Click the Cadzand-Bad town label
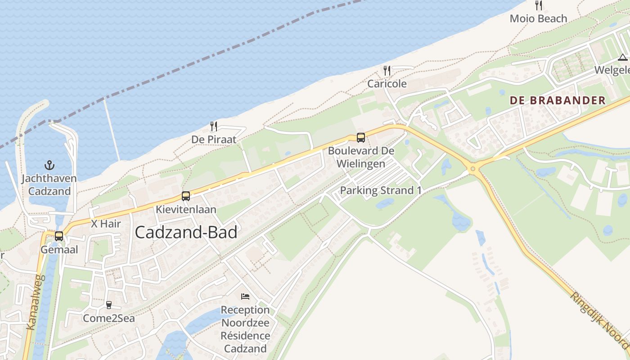[186, 232]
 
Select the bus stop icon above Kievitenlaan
[186, 196]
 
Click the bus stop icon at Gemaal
[59, 236]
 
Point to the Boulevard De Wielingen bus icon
[360, 138]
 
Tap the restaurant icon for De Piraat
[214, 126]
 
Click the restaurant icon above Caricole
[387, 71]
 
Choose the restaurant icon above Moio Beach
[538, 5]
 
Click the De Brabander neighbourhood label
[558, 100]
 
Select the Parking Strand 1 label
[381, 190]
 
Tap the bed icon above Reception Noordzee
[245, 297]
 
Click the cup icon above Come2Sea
[108, 305]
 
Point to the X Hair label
[106, 224]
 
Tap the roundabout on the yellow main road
[472, 169]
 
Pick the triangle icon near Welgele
[622, 57]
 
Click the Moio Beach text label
[538, 19]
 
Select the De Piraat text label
[214, 139]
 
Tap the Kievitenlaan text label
[186, 210]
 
